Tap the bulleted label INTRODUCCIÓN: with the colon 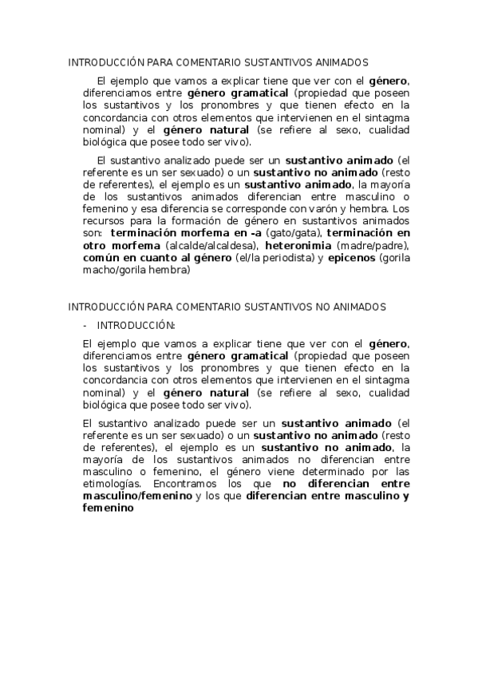[x=136, y=326]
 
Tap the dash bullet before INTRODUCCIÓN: [x=85, y=326]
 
